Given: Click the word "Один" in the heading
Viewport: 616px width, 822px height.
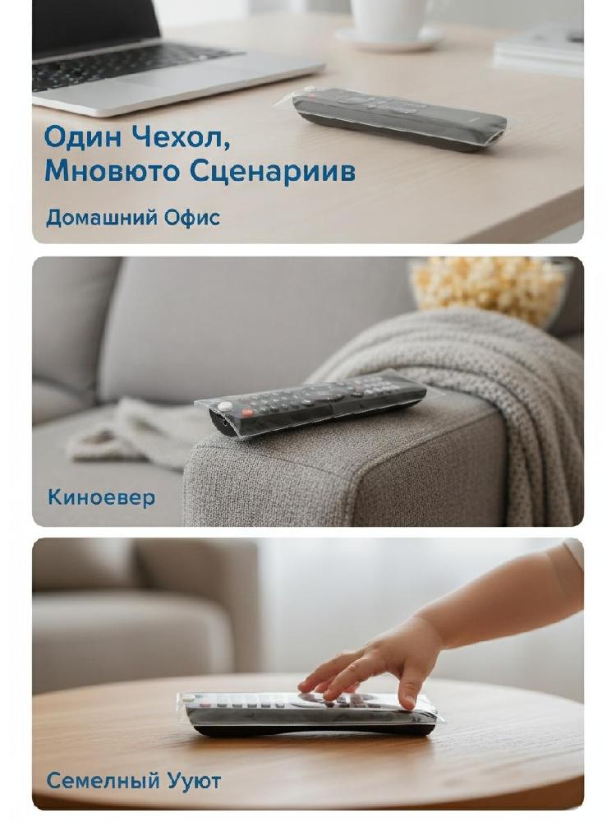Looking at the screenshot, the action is [x=84, y=136].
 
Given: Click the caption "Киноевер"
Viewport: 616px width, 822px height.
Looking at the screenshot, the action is [x=101, y=497].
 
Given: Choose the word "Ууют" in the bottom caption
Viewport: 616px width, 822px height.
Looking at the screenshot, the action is [x=194, y=781].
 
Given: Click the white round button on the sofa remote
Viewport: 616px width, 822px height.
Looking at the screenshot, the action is [x=225, y=406].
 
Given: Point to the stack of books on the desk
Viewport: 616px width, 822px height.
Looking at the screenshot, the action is [x=539, y=50].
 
